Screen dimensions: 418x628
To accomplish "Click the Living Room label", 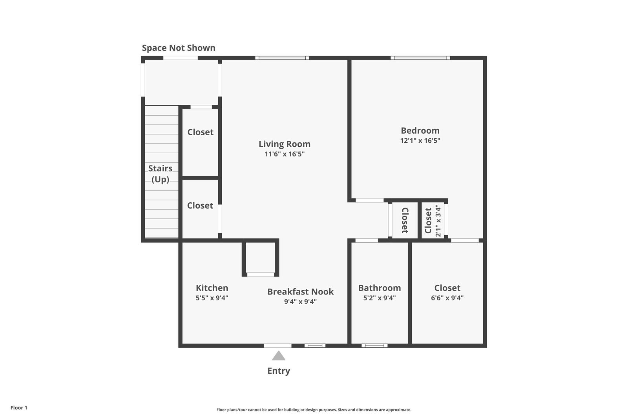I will (284, 144).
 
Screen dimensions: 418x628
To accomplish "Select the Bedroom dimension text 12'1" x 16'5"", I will (420, 140).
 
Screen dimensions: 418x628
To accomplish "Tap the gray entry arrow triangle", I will (279, 356).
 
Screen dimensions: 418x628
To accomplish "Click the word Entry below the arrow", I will (279, 371).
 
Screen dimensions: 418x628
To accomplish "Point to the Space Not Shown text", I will (179, 48).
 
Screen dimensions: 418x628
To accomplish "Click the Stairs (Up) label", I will (160, 174).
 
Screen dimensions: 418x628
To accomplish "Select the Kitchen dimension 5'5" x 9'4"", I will (212, 298).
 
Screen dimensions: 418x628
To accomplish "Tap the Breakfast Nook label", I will (300, 291).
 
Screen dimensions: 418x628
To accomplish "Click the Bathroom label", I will (380, 288).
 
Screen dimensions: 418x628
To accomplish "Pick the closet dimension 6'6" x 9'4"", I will (447, 298).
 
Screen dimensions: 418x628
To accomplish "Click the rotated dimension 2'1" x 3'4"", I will (438, 220).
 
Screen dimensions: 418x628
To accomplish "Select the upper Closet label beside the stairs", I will (200, 132).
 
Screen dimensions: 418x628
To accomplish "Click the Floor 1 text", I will (19, 408).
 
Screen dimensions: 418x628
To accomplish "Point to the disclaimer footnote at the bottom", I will (314, 410).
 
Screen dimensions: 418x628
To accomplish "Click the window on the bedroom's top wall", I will (420, 58).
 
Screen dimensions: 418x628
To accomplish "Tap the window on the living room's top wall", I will (282, 58).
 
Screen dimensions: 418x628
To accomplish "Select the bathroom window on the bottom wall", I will (374, 345).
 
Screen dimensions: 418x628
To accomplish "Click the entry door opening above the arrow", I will (277, 345).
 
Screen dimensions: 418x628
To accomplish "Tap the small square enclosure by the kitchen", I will (261, 258).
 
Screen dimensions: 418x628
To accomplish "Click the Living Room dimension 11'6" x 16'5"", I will (284, 154).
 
